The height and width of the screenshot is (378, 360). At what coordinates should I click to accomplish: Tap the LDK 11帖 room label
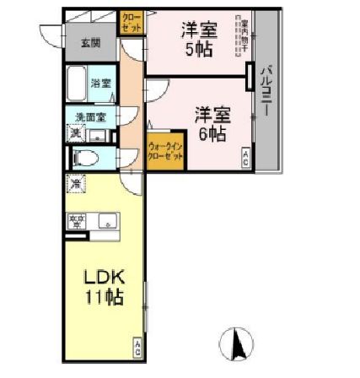pyautogui.click(x=103, y=286)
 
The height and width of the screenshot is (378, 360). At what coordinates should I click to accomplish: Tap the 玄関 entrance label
pyautogui.click(x=90, y=43)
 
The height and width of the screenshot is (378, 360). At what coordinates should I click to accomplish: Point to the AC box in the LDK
pyautogui.click(x=137, y=346)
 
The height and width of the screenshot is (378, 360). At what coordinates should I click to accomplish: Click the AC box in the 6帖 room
pyautogui.click(x=244, y=157)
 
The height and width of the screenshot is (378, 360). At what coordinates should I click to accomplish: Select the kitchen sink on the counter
pyautogui.click(x=107, y=222)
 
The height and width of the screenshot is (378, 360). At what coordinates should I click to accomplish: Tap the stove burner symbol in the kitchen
pyautogui.click(x=77, y=222)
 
